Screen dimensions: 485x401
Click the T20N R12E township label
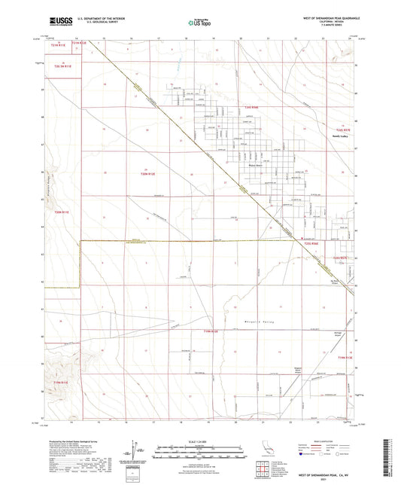tap(148, 173)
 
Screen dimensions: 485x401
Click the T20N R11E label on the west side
tap(62, 213)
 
